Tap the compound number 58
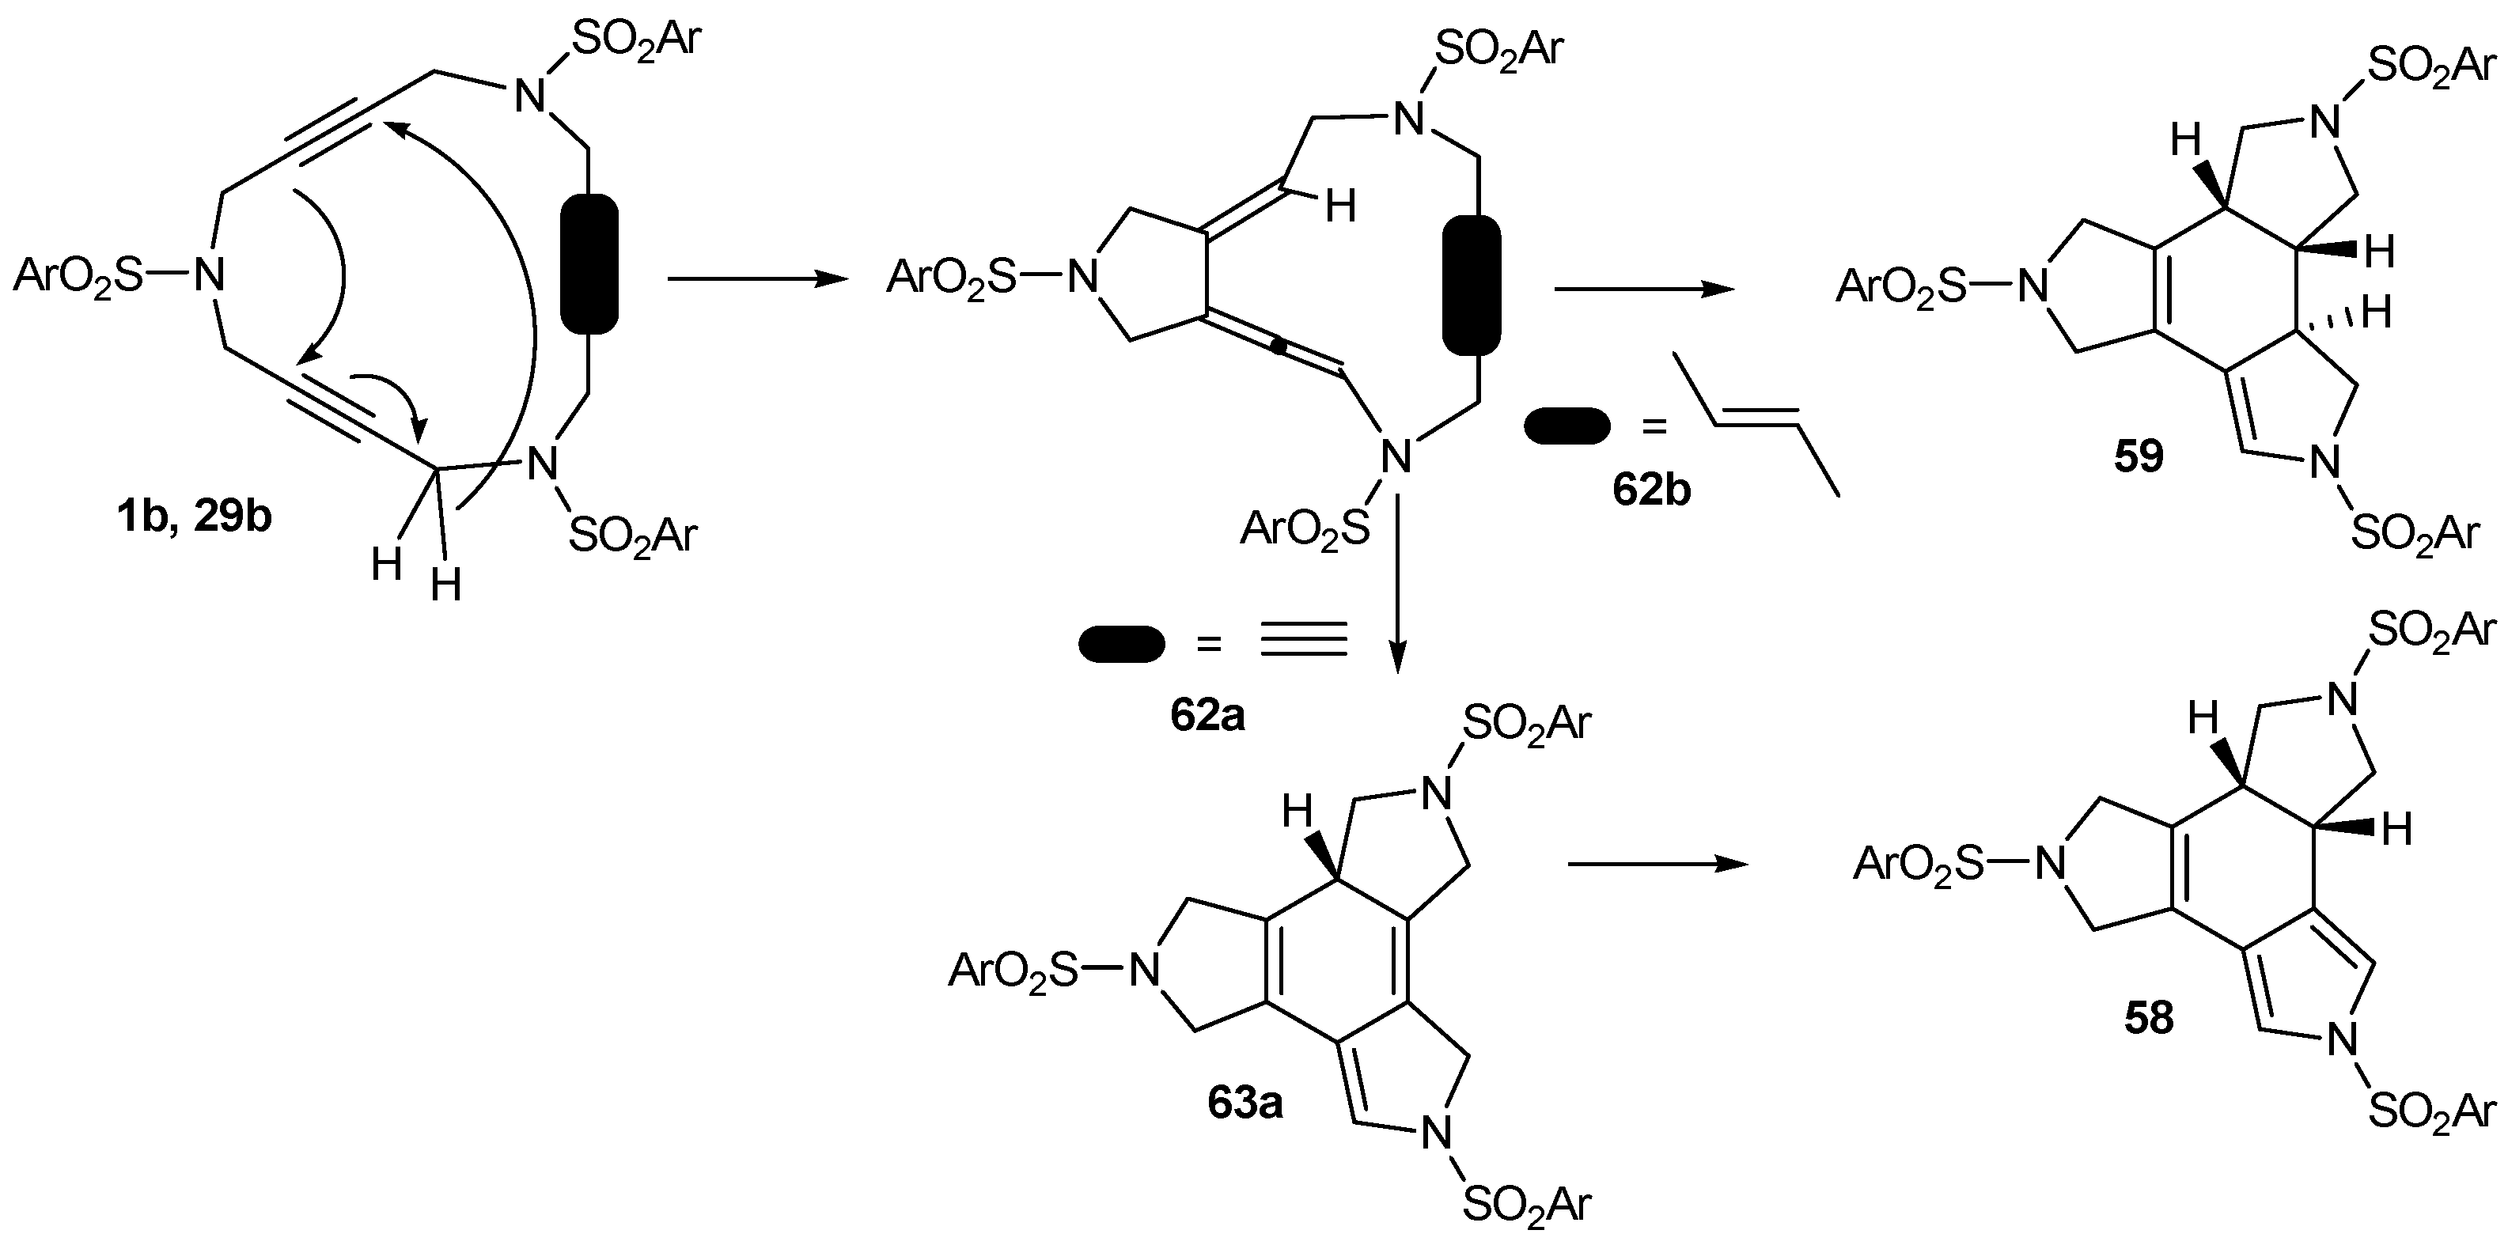click(x=2149, y=1018)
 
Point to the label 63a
click(x=1245, y=1103)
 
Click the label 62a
click(x=1207, y=717)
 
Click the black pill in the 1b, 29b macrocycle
click(x=590, y=265)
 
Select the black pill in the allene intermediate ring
click(x=1471, y=286)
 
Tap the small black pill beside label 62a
click(x=1122, y=645)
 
